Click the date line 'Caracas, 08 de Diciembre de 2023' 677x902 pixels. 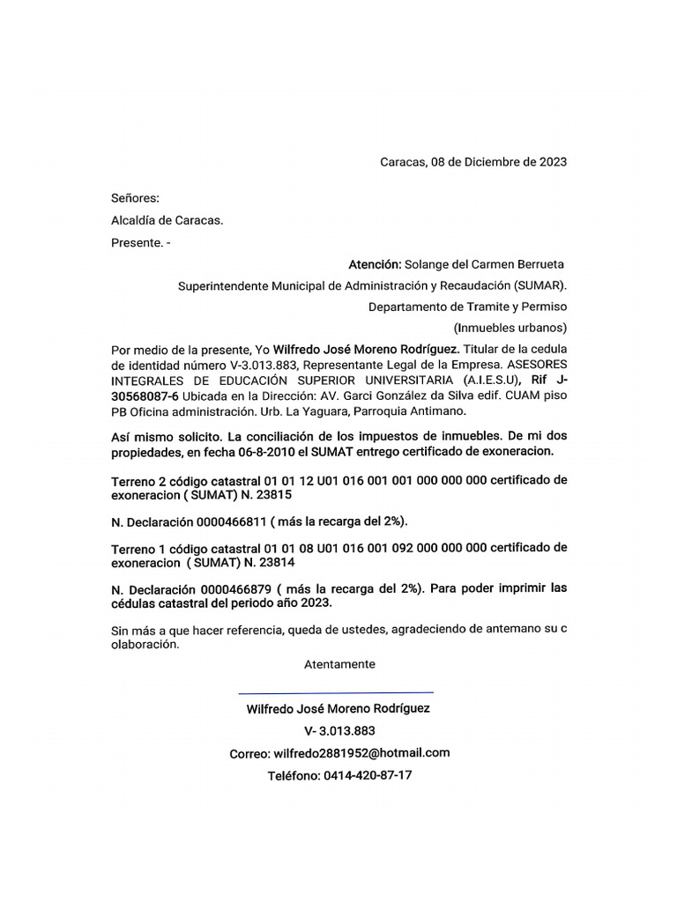click(x=472, y=162)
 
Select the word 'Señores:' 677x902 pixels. click(x=135, y=199)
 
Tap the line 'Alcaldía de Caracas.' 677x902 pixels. click(x=167, y=220)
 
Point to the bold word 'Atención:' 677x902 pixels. click(x=375, y=264)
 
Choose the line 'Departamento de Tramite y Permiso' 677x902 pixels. click(x=467, y=307)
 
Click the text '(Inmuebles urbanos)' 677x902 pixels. click(x=510, y=328)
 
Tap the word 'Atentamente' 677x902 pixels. click(x=339, y=664)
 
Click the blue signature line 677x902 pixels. click(x=336, y=692)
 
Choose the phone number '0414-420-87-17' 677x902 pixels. click(x=368, y=775)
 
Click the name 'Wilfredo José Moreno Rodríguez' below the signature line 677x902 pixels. click(x=338, y=708)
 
